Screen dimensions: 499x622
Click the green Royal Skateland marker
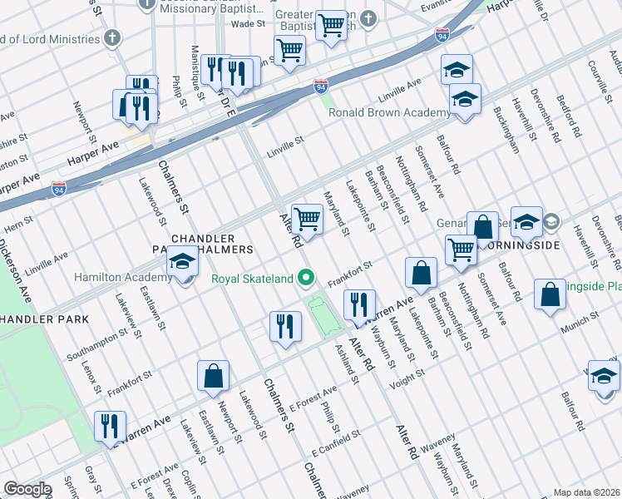[307, 278]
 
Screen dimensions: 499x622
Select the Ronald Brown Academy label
[389, 113]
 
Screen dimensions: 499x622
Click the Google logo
[27, 489]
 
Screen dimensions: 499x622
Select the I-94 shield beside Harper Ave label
[59, 189]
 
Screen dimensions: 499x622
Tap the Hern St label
[17, 223]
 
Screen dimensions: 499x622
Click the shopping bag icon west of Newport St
[213, 376]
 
